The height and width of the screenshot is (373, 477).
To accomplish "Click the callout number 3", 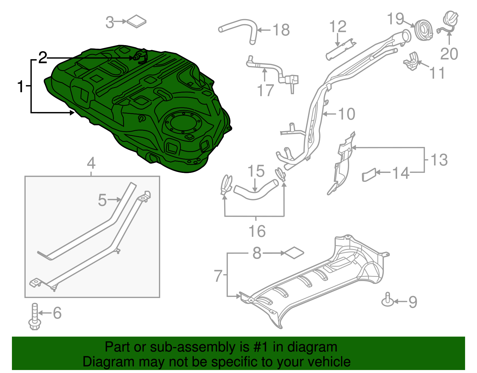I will pos(110,22).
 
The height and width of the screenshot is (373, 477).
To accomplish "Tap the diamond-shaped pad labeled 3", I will pos(137,21).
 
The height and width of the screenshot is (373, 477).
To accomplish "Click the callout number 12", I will pos(338,27).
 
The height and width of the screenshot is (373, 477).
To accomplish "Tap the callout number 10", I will pos(347,114).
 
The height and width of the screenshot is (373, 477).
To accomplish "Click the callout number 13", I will pos(439,160).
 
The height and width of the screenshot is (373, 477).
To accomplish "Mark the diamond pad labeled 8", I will pos(294,253).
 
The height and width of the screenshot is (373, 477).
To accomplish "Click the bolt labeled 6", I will pos(34,317).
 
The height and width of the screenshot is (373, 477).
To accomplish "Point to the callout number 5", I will pos(102,200).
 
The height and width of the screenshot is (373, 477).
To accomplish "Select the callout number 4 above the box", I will pos(91,163).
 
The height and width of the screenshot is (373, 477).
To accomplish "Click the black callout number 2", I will pos(43,58).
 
